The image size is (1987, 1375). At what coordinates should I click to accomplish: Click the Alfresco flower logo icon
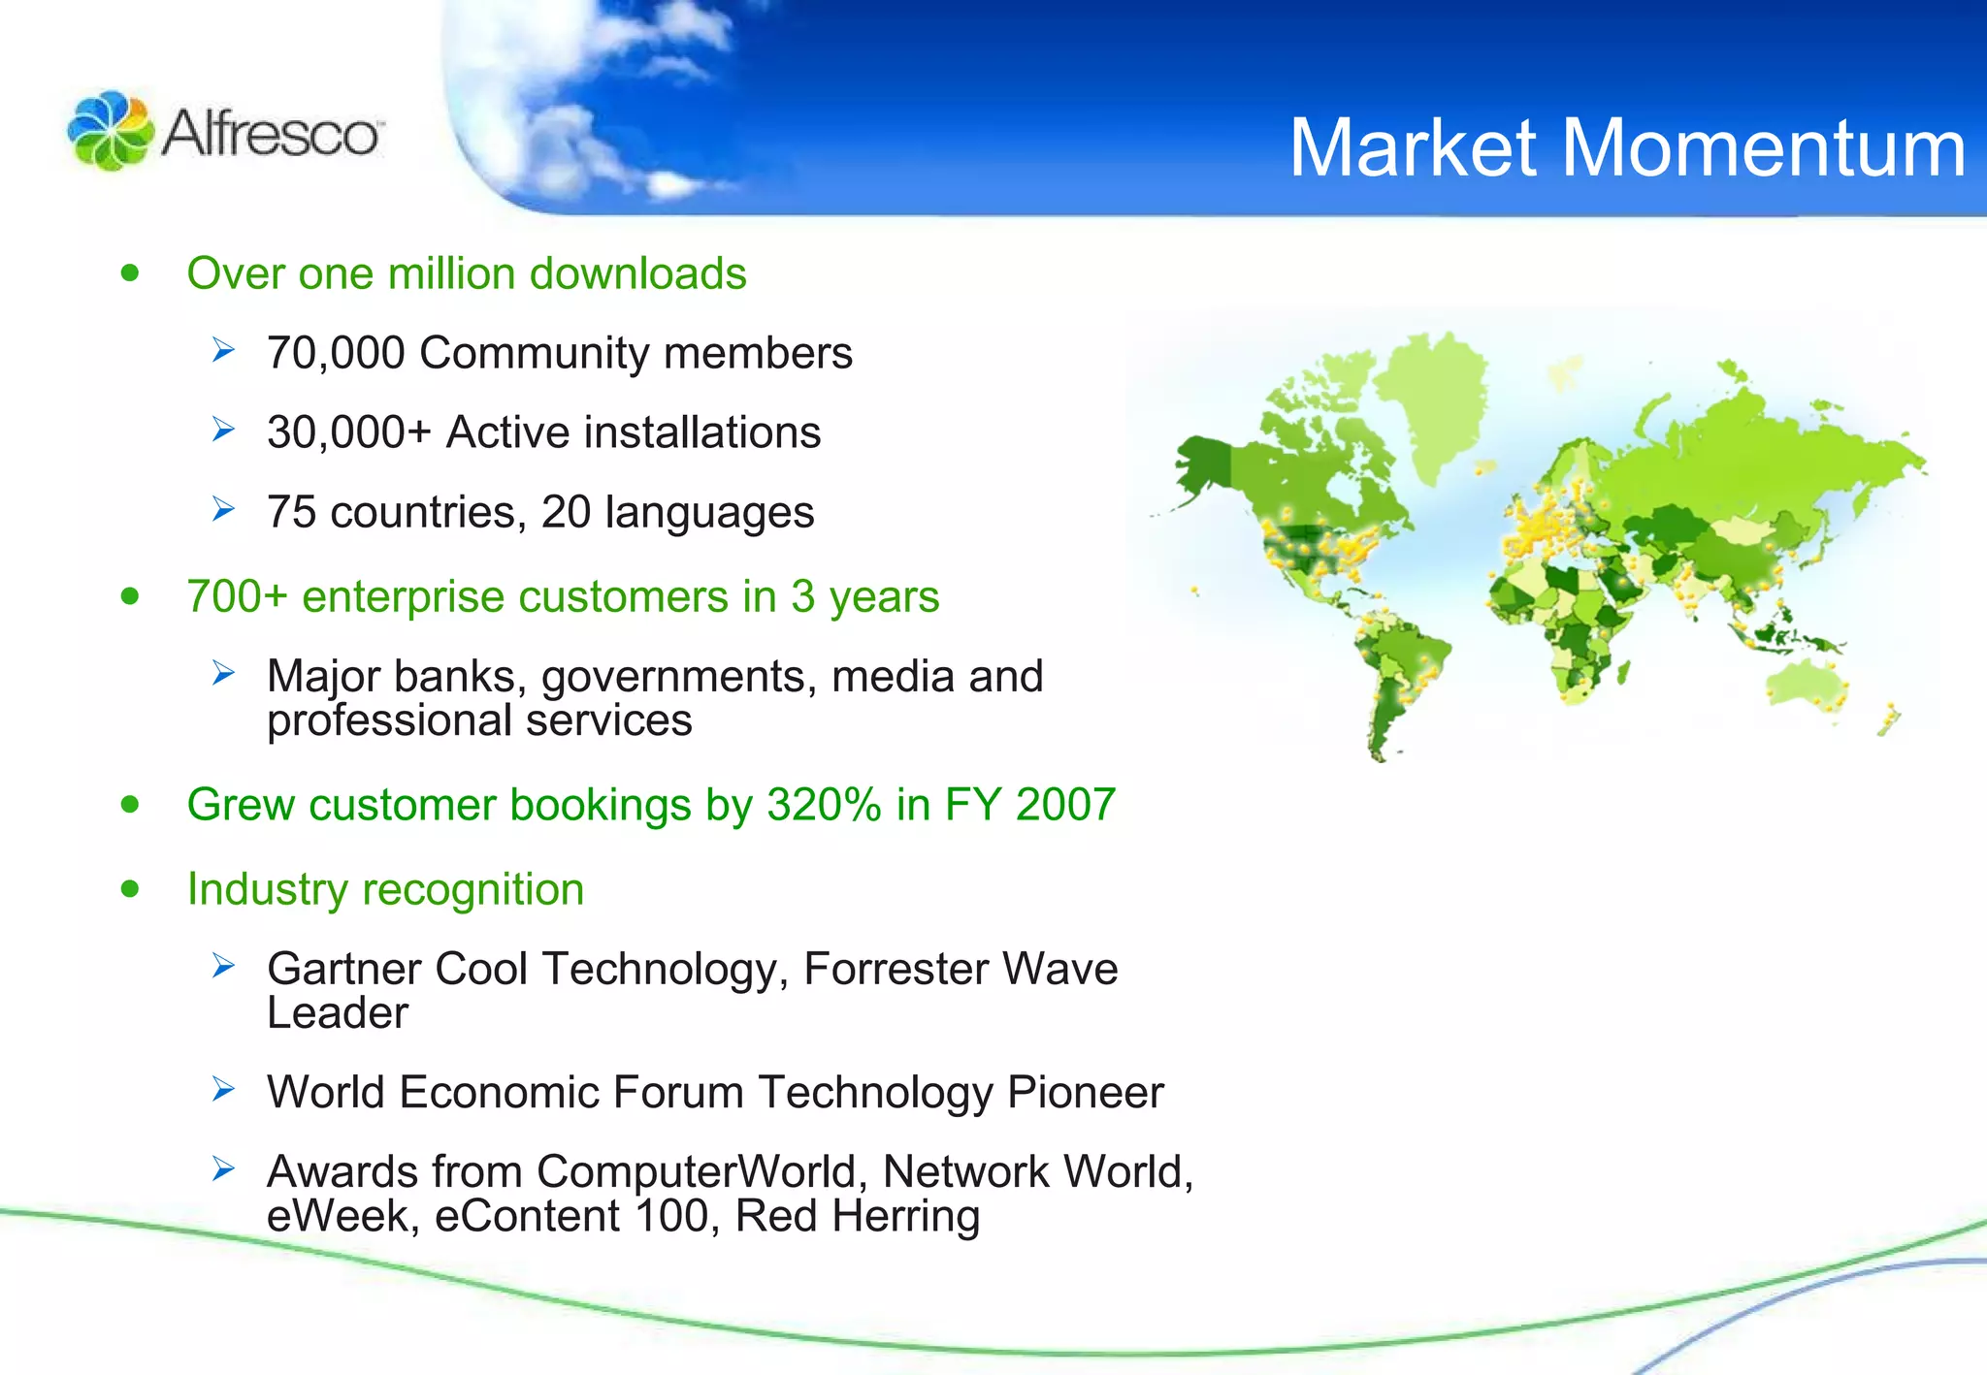click(x=110, y=131)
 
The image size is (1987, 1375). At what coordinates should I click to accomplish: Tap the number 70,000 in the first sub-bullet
click(x=336, y=353)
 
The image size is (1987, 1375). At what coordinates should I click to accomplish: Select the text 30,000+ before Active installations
click(x=348, y=432)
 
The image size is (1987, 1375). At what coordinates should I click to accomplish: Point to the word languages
click(x=709, y=513)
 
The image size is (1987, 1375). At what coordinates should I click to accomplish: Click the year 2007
click(x=1065, y=805)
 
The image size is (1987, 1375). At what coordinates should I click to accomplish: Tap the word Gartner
click(x=343, y=969)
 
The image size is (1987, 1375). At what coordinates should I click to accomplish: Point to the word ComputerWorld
click(x=697, y=1172)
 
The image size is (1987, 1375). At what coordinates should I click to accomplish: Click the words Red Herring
click(x=857, y=1217)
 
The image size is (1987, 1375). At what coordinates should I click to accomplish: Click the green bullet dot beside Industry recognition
click(x=130, y=889)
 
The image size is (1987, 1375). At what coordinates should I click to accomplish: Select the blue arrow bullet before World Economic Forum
click(x=224, y=1090)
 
